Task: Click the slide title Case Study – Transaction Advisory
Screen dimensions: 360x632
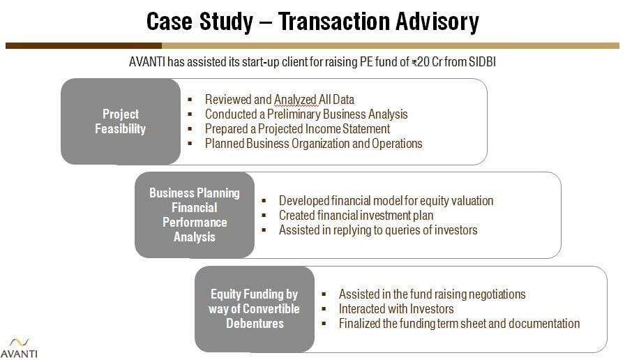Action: coord(313,22)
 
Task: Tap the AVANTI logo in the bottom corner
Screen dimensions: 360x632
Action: coord(19,346)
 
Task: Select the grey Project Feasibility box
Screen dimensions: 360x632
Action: coord(120,121)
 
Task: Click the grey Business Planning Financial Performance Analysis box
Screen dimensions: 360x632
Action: coord(195,214)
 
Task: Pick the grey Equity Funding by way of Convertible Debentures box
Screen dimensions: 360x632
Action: coord(254,308)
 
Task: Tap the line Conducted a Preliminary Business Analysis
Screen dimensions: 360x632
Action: coord(306,114)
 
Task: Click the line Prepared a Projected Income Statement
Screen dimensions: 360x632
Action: coord(297,128)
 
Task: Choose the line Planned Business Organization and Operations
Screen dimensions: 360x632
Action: coord(313,143)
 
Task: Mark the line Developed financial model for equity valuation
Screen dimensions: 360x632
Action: coord(386,200)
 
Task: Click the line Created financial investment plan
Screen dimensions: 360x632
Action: coord(356,215)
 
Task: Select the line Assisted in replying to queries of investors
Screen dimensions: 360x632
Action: coord(377,230)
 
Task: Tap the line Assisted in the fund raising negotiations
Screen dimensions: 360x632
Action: coord(432,294)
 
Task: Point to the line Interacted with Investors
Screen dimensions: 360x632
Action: coord(396,308)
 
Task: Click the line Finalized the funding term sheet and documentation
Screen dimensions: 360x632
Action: coord(459,323)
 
